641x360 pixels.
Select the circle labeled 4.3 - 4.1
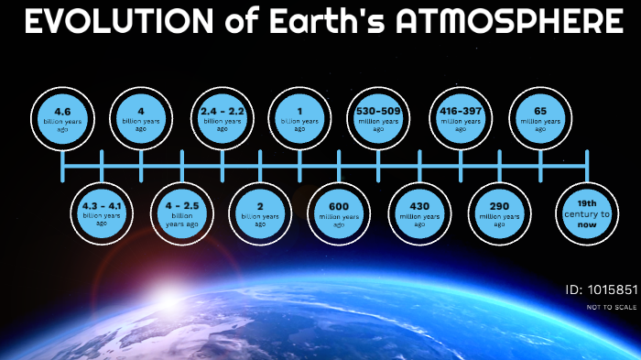point(102,213)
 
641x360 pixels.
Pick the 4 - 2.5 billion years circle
point(181,213)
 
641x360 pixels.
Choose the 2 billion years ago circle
point(260,213)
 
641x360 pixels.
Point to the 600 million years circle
point(339,213)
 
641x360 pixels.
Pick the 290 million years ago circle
point(500,213)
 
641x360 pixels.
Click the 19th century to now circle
point(586,213)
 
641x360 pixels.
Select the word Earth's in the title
point(330,23)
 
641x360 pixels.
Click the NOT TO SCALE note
point(612,307)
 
